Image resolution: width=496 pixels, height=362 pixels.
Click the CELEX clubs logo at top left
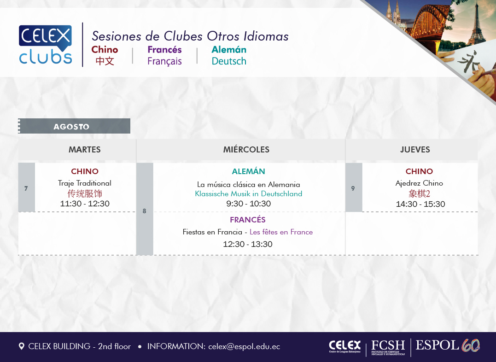point(45,44)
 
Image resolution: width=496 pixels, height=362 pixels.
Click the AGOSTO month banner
point(74,126)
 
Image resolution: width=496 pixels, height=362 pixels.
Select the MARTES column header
point(84,150)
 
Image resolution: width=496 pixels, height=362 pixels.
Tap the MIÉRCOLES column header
point(246,149)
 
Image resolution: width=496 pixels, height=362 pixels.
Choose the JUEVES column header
point(415,150)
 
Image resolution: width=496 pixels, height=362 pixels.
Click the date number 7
point(26,188)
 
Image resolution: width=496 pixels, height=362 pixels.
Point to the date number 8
point(144,211)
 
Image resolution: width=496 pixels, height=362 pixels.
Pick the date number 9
point(353,188)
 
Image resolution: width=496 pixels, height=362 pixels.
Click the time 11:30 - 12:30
point(85,204)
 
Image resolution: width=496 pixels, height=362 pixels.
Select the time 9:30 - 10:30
point(248,204)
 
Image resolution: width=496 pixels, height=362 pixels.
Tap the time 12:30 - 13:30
point(248,244)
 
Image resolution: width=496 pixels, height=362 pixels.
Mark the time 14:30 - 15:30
point(420,204)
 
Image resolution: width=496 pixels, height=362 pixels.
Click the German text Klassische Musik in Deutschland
point(248,193)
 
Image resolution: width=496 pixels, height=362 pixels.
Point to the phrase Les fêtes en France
point(281,232)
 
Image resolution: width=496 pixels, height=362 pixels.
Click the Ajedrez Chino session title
point(419,183)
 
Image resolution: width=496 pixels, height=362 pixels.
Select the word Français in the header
point(164,61)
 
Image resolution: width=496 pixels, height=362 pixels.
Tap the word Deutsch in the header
point(229,61)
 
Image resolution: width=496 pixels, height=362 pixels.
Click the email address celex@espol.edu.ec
point(244,346)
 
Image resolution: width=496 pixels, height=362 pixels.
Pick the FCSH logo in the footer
point(388,347)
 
